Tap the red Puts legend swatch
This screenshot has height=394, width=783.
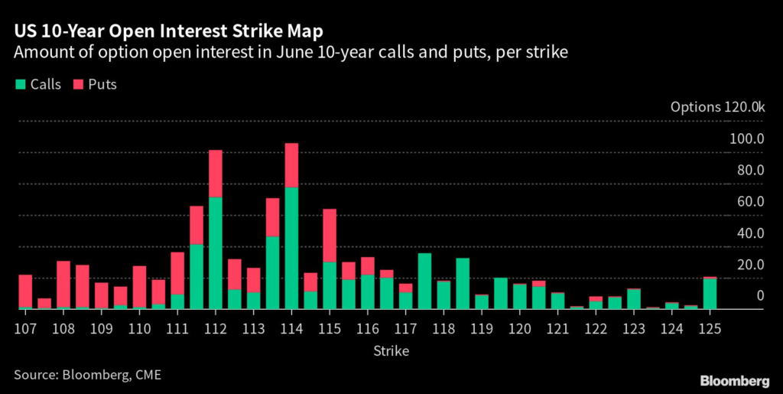79,84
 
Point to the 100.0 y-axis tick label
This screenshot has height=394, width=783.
747,138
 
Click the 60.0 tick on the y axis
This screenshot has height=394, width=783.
749,202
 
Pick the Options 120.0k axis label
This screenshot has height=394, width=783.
716,108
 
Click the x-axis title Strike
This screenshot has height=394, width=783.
391,351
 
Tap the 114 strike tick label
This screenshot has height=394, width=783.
291,329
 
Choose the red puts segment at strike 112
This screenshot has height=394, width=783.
216,174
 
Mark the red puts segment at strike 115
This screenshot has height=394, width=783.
330,236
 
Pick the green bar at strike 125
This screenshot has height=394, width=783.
710,294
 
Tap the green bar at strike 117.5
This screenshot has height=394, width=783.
424,282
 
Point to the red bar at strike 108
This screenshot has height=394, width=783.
63,284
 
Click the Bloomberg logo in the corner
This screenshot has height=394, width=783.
735,380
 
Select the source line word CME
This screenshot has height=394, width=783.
147,374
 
